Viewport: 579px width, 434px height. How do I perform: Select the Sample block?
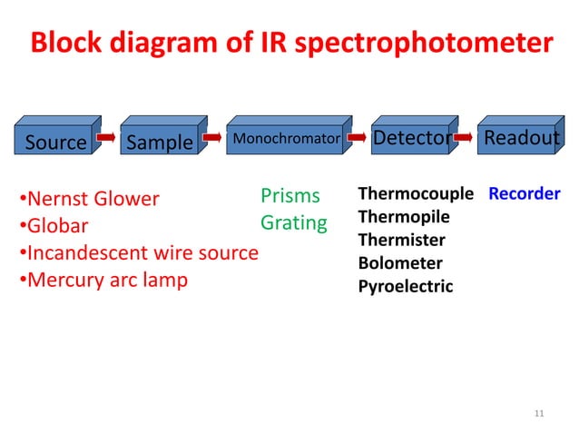tap(160, 142)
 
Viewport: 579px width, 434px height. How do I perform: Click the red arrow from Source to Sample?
tap(107, 139)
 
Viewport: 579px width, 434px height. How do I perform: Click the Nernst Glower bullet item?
tap(89, 198)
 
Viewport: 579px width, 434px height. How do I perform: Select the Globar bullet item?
tap(54, 226)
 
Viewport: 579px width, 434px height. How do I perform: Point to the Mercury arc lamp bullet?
tap(103, 280)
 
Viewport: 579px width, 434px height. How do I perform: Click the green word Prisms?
tap(290, 195)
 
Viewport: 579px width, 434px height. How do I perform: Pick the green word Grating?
tap(293, 222)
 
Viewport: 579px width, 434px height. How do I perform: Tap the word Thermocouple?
tap(416, 193)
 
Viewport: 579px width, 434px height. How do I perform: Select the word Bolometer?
tap(400, 263)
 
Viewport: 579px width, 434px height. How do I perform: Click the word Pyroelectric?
tap(405, 287)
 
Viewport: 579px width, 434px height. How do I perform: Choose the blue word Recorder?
tap(524, 193)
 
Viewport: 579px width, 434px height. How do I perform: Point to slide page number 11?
tap(539, 414)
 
